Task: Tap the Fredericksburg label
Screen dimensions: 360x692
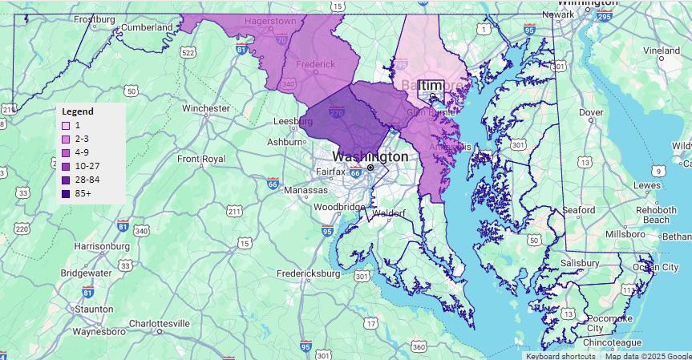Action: [308, 273]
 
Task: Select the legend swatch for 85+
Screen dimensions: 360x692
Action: [66, 194]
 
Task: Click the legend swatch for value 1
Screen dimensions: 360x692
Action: [66, 126]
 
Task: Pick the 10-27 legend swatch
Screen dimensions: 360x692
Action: [66, 167]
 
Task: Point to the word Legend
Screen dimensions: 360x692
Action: [78, 111]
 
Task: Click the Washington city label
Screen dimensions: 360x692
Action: [370, 156]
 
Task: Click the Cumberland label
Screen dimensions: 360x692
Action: [146, 27]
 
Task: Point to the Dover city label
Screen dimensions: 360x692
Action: [591, 113]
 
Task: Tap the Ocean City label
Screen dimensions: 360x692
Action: [655, 267]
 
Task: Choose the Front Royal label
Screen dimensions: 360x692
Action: [201, 159]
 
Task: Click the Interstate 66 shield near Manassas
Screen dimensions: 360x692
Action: [273, 184]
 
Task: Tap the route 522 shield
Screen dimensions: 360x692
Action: [188, 53]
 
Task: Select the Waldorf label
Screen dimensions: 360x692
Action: [388, 213]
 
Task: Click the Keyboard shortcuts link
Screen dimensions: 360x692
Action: [560, 356]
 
